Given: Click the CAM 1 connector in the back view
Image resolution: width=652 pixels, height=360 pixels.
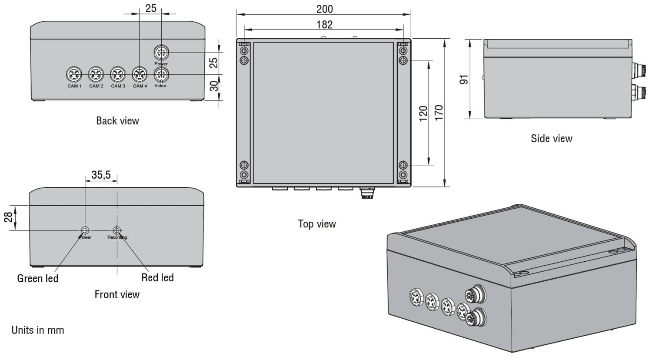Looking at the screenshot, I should point(74,74).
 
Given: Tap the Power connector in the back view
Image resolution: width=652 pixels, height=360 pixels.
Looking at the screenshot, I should point(161,53).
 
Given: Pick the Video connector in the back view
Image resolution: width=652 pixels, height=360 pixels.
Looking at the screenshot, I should point(161,74).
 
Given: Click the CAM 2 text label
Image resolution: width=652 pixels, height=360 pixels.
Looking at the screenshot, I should point(96,86).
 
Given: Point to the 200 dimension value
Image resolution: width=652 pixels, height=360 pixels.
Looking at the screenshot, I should point(324,9).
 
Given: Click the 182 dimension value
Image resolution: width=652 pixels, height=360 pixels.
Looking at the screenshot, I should point(324,24).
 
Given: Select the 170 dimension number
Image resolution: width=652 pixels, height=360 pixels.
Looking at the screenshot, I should point(439,113).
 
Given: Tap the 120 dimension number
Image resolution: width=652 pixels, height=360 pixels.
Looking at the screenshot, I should point(423,113).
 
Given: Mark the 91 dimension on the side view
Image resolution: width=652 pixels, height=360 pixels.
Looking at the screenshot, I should point(464,80).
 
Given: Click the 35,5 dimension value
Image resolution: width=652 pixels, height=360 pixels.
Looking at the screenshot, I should point(101,175).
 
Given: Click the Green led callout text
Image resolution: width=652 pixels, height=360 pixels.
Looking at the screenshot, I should point(37,278).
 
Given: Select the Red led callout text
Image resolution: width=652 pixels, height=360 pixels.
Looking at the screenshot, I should point(157,277).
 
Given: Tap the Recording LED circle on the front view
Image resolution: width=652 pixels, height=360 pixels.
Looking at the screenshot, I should point(116,230).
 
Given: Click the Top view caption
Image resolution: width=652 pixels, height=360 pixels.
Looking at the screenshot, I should point(317,224).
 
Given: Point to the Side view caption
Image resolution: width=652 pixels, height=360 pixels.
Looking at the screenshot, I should point(551,139).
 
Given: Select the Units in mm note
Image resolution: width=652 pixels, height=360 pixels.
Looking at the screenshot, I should point(37,330).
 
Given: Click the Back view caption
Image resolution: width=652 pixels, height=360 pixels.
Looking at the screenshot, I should point(117,121).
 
